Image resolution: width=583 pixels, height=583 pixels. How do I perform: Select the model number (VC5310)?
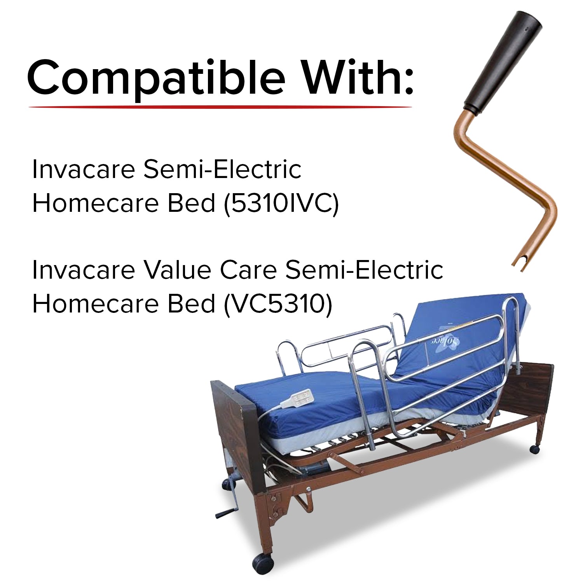[x=278, y=304]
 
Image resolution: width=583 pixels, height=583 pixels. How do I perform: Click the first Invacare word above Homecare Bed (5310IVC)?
[x=84, y=169]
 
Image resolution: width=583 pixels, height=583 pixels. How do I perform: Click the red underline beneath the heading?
[x=220, y=107]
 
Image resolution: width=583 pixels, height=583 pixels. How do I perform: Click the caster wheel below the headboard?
[x=535, y=449]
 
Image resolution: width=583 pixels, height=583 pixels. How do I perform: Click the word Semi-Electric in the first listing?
[x=222, y=169]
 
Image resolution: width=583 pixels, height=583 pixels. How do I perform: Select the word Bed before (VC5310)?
[x=191, y=304]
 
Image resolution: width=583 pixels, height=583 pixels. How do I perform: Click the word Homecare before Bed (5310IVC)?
[x=95, y=203]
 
